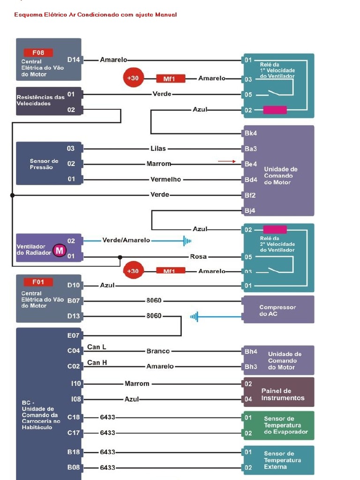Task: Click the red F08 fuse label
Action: coord(38,52)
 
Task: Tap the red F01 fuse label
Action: coord(38,282)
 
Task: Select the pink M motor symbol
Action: coord(60,250)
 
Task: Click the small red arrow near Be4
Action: coord(227,161)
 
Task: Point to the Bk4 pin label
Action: coord(250,133)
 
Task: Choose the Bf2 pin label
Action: coord(250,195)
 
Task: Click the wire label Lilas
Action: coord(158,149)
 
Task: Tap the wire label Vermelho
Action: coord(165,180)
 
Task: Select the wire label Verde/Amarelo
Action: coord(126,240)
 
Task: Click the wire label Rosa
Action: coord(198,257)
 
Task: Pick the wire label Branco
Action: coord(158,351)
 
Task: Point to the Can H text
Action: coord(97,362)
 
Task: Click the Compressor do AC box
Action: coord(278,310)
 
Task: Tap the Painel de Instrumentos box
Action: coord(278,392)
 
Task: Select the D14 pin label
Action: coord(74,60)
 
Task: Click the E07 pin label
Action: coord(74,336)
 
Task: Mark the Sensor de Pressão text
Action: coord(44,164)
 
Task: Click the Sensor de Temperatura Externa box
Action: coord(278,460)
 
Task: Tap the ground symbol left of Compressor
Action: coord(195,317)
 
